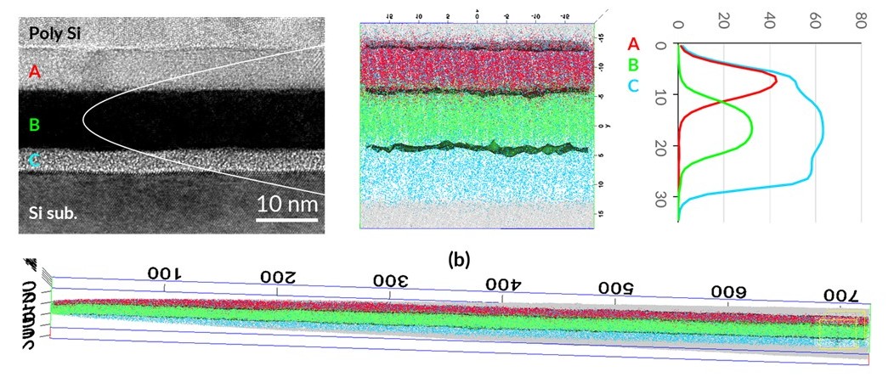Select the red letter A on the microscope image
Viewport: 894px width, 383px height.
pyautogui.click(x=34, y=71)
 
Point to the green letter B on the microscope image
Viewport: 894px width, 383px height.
pyautogui.click(x=34, y=126)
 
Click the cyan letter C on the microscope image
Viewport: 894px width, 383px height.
pyautogui.click(x=34, y=159)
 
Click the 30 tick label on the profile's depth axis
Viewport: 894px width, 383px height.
pyautogui.click(x=662, y=196)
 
